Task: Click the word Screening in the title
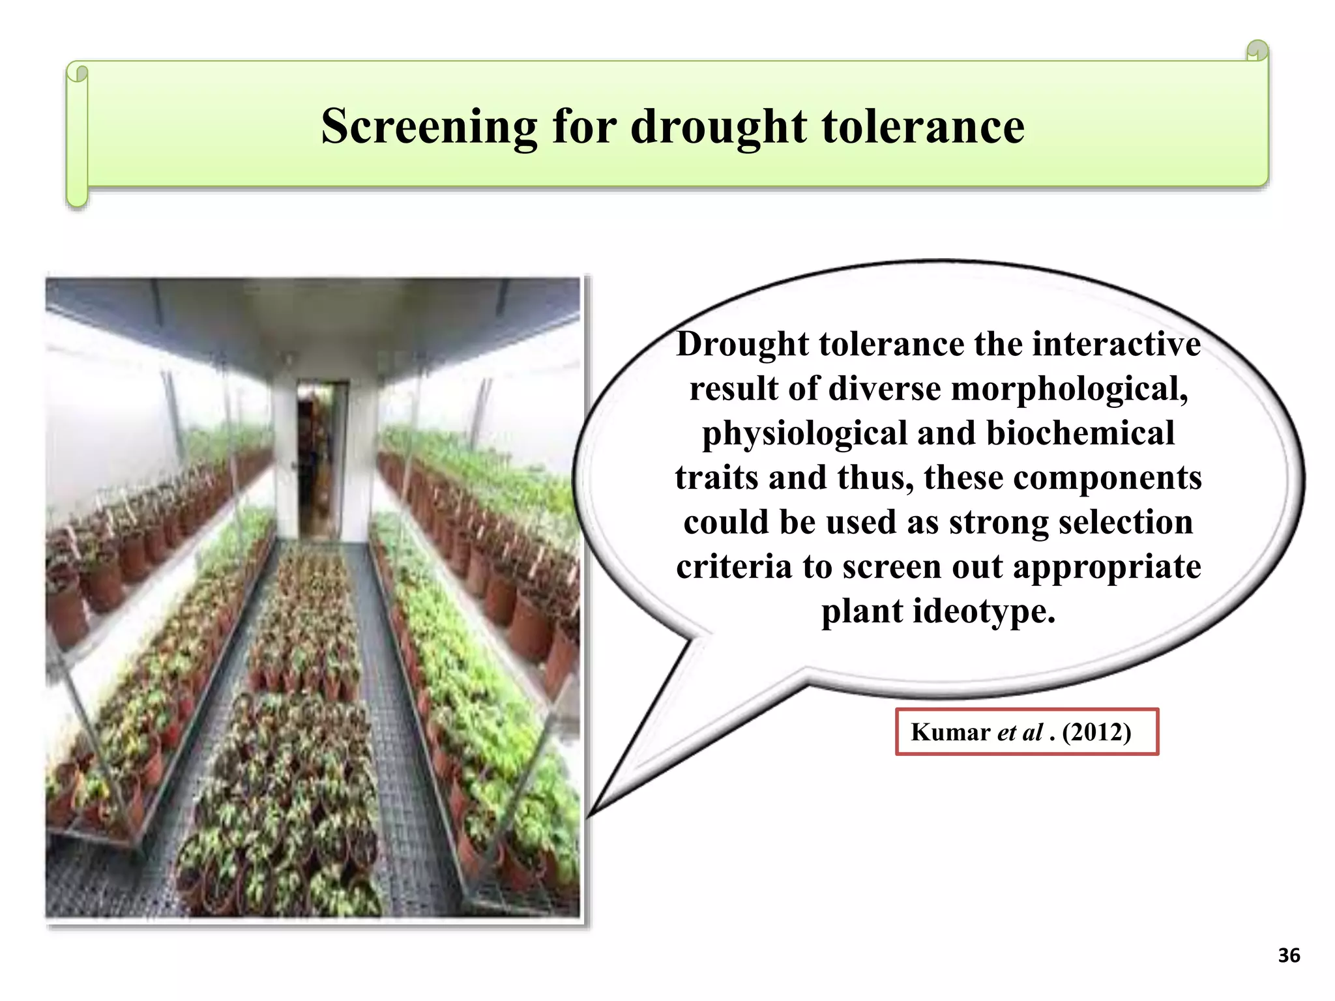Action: [429, 126]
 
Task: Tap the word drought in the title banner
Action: [718, 126]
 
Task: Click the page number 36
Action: [1289, 955]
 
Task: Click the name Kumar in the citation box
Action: [950, 733]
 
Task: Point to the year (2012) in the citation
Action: [1096, 733]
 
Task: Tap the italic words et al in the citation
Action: [1020, 733]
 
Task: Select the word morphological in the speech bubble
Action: [1069, 389]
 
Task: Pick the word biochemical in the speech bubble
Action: [1080, 433]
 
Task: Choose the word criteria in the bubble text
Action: [734, 566]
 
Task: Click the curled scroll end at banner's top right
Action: [1257, 51]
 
